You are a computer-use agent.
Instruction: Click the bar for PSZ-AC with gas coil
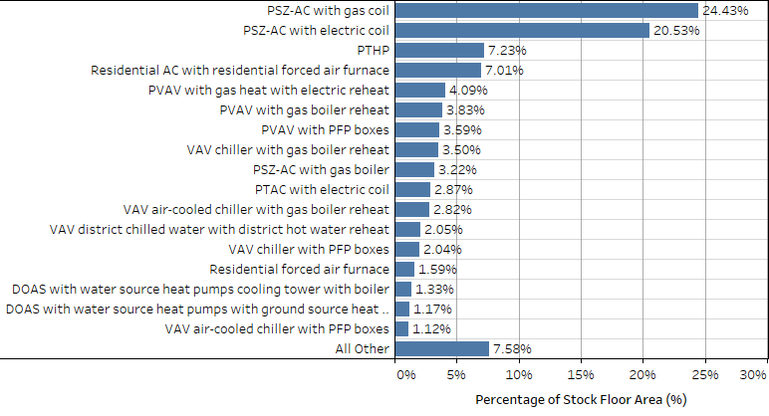tap(546, 11)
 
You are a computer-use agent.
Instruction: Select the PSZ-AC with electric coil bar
tap(522, 31)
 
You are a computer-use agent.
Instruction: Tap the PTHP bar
tap(439, 51)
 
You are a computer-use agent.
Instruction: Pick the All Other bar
tap(441, 348)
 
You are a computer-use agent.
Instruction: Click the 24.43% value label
tap(724, 11)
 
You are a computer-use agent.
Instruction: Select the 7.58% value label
tap(511, 348)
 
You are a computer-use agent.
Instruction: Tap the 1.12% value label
tap(430, 328)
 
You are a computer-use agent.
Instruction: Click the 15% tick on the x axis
tap(580, 375)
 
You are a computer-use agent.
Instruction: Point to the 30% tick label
tap(752, 375)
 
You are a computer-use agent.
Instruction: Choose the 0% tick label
tap(406, 375)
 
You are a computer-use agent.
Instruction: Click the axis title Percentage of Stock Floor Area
tap(582, 399)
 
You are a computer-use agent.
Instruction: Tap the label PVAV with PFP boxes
tap(325, 129)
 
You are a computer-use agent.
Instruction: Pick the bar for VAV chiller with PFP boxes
tap(407, 249)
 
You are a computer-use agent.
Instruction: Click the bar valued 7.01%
tap(438, 71)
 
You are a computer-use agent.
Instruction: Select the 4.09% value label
tap(467, 91)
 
